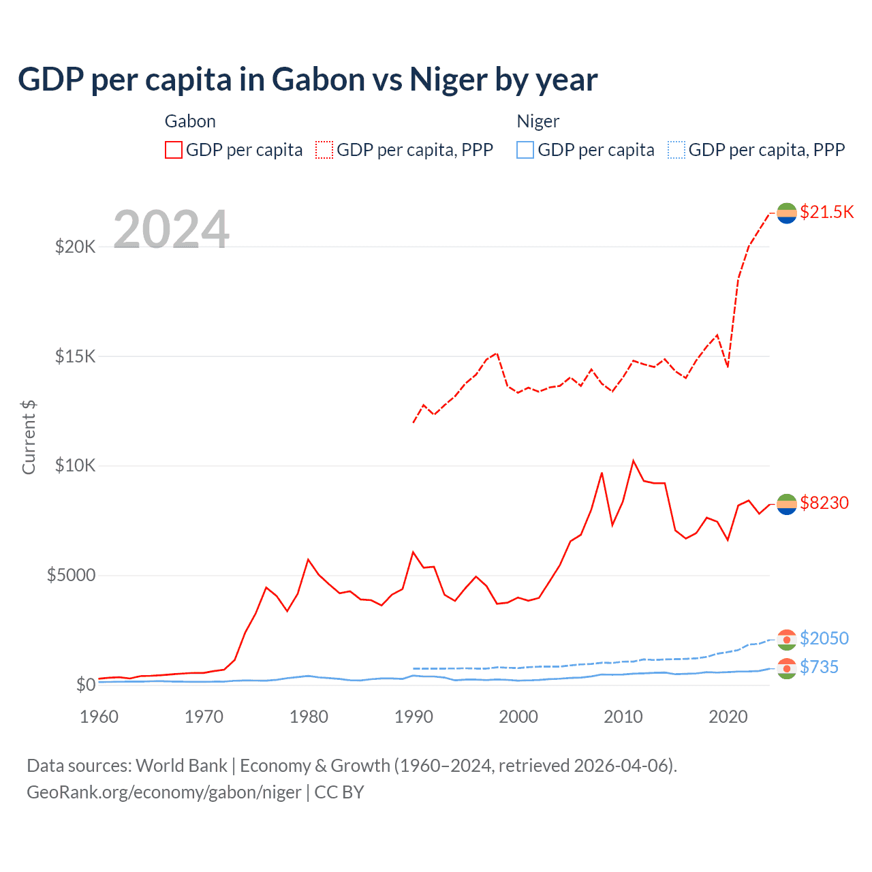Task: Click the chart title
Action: click(307, 80)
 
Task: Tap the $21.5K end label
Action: click(826, 212)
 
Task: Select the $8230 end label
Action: click(824, 503)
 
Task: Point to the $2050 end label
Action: click(824, 638)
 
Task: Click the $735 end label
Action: click(819, 667)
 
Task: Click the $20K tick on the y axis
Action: click(75, 247)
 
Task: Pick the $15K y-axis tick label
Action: click(75, 356)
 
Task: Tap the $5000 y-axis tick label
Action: click(71, 576)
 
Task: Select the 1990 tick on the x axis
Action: click(414, 717)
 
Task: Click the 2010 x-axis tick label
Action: click(623, 717)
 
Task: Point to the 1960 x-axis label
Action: click(99, 717)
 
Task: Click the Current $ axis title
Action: click(29, 437)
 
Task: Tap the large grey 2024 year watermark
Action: click(171, 230)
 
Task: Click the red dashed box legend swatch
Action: click(324, 150)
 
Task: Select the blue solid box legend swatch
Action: click(525, 150)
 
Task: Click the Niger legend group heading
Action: click(538, 121)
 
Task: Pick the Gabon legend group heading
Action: click(190, 121)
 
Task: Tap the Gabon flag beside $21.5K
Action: click(787, 213)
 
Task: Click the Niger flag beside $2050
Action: click(787, 640)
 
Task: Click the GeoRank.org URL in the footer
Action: click(163, 792)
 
